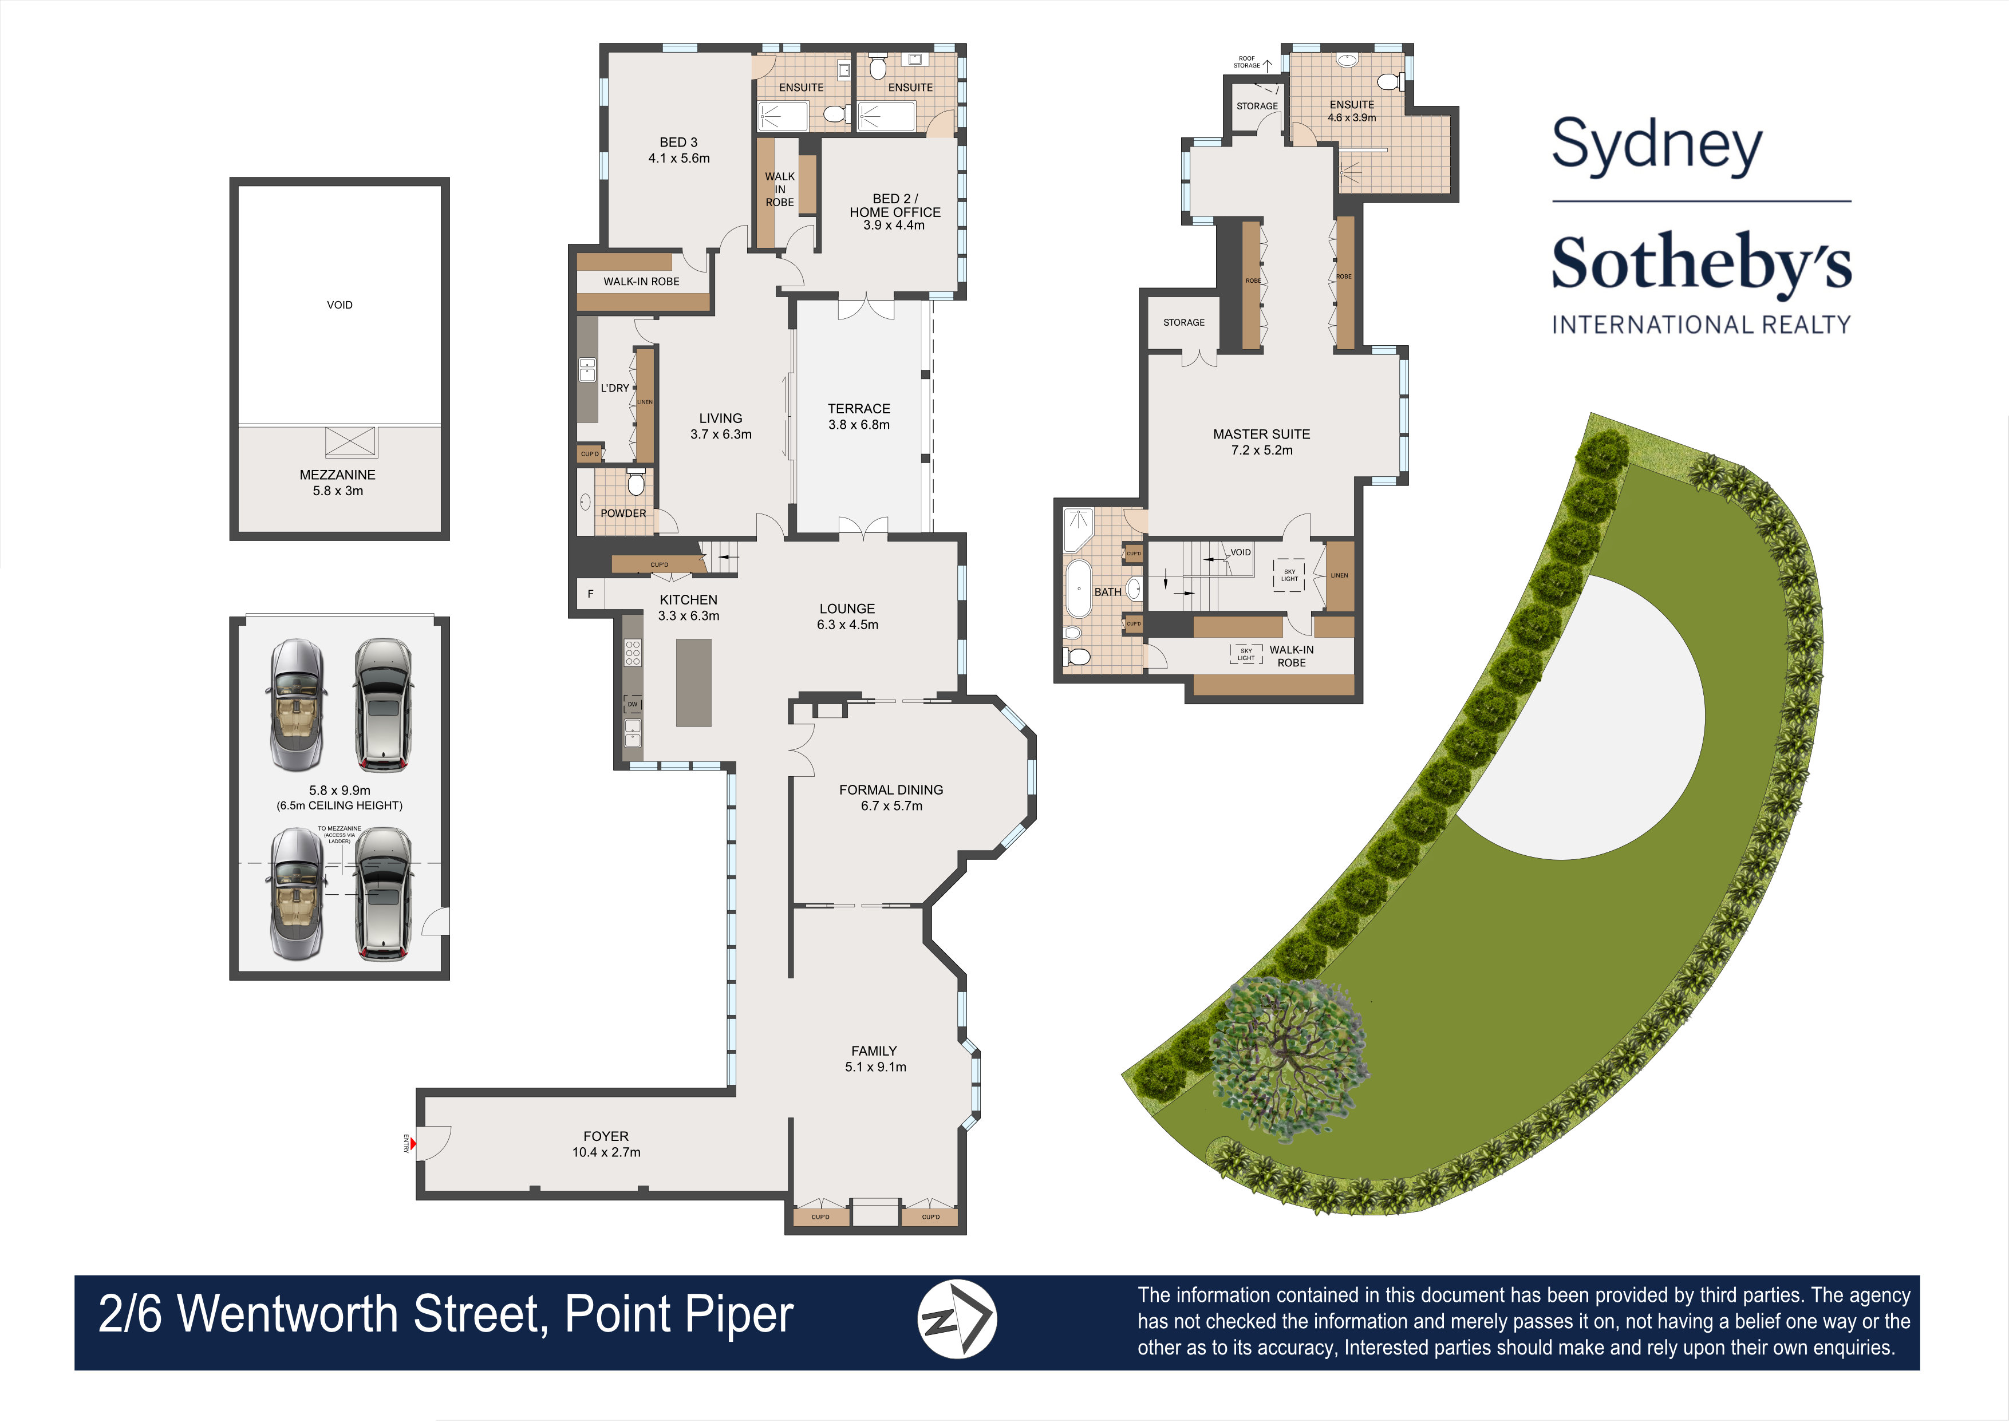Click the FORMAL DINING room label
891,790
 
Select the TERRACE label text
858,409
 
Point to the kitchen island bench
693,682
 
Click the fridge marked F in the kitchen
590,594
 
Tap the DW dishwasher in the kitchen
632,704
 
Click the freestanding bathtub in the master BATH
1078,588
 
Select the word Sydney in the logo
1656,145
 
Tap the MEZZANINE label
337,475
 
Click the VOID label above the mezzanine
340,305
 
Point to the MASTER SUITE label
1261,434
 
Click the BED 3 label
678,142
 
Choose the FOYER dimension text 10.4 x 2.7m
606,1152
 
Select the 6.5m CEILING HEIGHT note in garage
340,805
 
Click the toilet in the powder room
636,483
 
